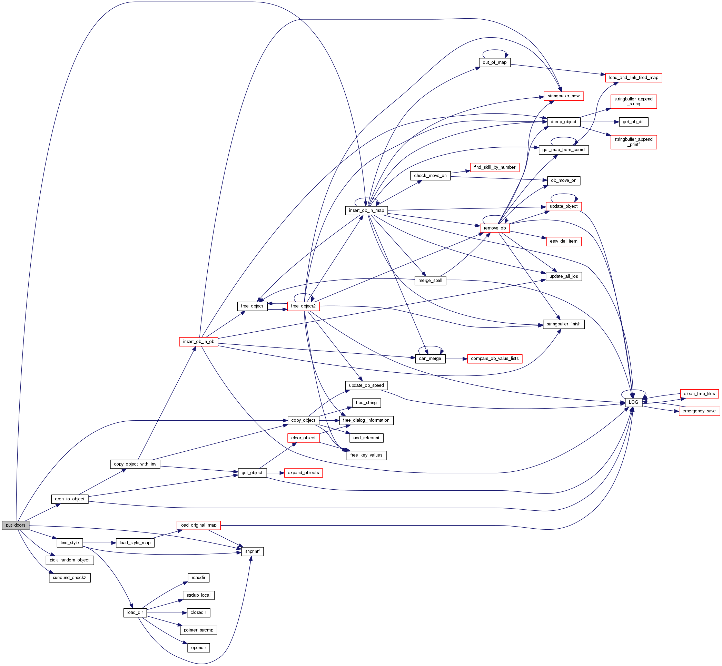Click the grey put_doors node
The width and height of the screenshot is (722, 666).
pyautogui.click(x=16, y=525)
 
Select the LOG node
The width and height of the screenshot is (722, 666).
pyautogui.click(x=633, y=402)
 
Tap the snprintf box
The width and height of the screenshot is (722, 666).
pyautogui.click(x=252, y=551)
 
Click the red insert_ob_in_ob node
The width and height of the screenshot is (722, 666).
pyautogui.click(x=198, y=342)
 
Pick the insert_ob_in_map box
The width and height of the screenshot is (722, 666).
pyautogui.click(x=366, y=210)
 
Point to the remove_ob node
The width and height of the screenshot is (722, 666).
pyautogui.click(x=495, y=228)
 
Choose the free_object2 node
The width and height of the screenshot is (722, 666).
pyautogui.click(x=303, y=306)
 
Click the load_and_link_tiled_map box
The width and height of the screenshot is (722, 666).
pyautogui.click(x=633, y=78)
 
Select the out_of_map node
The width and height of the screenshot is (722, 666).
pyautogui.click(x=495, y=62)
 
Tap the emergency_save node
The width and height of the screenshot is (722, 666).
pyautogui.click(x=699, y=411)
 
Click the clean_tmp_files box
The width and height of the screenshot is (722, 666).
pyautogui.click(x=699, y=393)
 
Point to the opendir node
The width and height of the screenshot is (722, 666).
pyautogui.click(x=198, y=648)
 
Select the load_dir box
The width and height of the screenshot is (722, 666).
pyautogui.click(x=135, y=612)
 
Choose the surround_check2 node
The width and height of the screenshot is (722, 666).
pyautogui.click(x=70, y=577)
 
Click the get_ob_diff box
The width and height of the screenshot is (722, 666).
pyautogui.click(x=633, y=122)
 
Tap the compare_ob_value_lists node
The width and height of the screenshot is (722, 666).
pyautogui.click(x=495, y=359)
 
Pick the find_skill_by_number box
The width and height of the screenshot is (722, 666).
pyautogui.click(x=495, y=167)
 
